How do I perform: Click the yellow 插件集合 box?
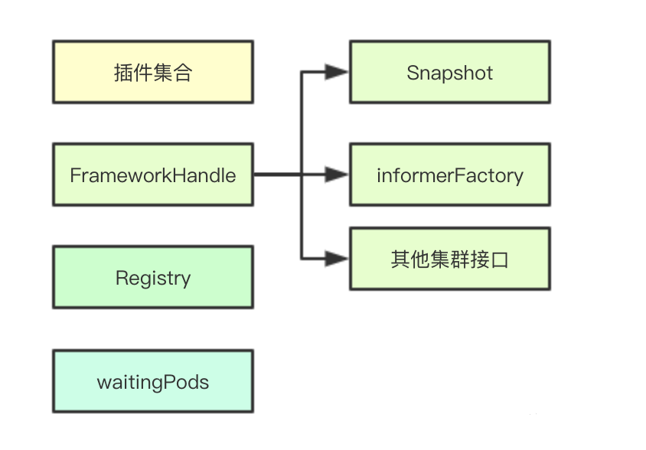coord(153,72)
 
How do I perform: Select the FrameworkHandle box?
coord(153,174)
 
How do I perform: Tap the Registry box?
coord(153,277)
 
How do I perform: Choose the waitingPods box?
coord(153,381)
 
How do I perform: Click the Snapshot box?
coord(450,72)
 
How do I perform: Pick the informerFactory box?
coord(450,174)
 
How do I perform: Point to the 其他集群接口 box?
coord(450,259)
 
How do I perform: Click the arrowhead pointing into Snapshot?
coord(337,72)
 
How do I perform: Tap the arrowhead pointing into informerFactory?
coord(337,174)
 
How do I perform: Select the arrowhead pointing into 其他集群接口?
coord(337,259)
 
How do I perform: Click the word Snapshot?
coord(449,73)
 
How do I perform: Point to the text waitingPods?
coord(153,383)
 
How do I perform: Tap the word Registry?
coord(153,279)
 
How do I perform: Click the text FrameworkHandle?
coord(153,175)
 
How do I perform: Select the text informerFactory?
coord(450,176)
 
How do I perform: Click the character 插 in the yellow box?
coord(123,73)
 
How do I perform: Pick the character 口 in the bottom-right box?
coord(500,260)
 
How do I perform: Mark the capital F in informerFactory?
coord(461,175)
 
